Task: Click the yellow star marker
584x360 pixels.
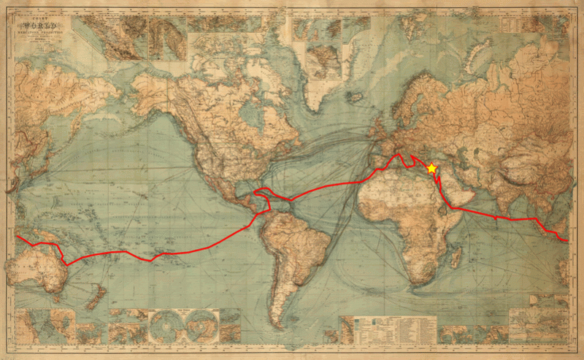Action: coord(431,168)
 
